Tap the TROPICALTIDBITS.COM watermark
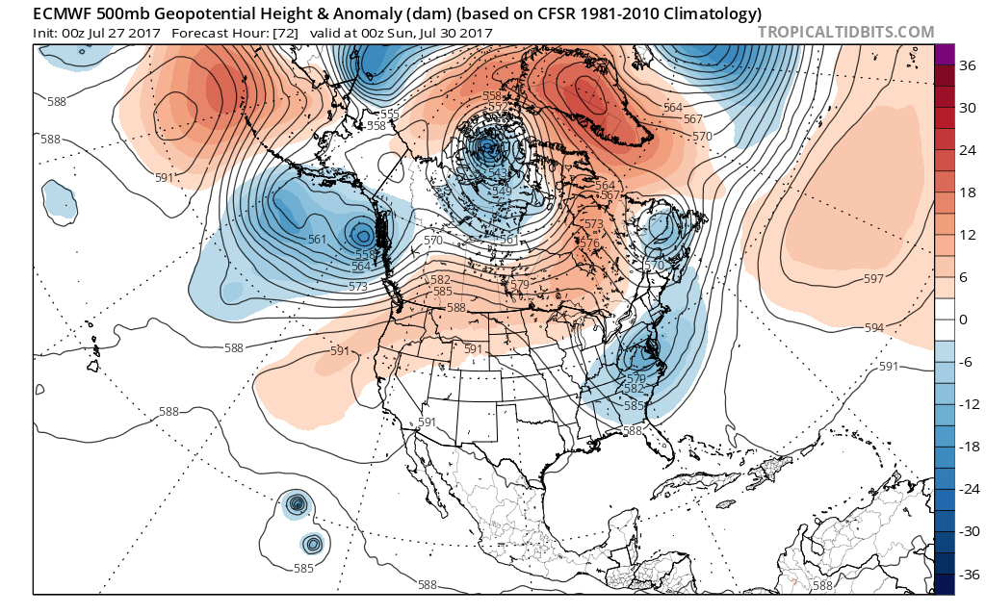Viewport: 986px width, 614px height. (x=845, y=32)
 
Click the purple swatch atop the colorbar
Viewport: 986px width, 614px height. (x=944, y=55)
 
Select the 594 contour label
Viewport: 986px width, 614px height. (x=873, y=328)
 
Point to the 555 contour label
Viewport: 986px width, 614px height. (x=388, y=114)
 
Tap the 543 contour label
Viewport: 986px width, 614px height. (x=499, y=173)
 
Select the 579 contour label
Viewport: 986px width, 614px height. (x=519, y=284)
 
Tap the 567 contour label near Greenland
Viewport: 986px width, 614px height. (x=690, y=118)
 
